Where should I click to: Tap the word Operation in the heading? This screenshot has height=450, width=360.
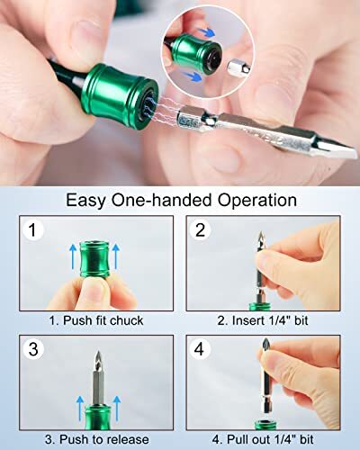250,200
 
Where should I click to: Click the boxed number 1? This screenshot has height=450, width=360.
34,231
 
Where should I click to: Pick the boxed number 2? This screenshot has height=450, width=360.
202,231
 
